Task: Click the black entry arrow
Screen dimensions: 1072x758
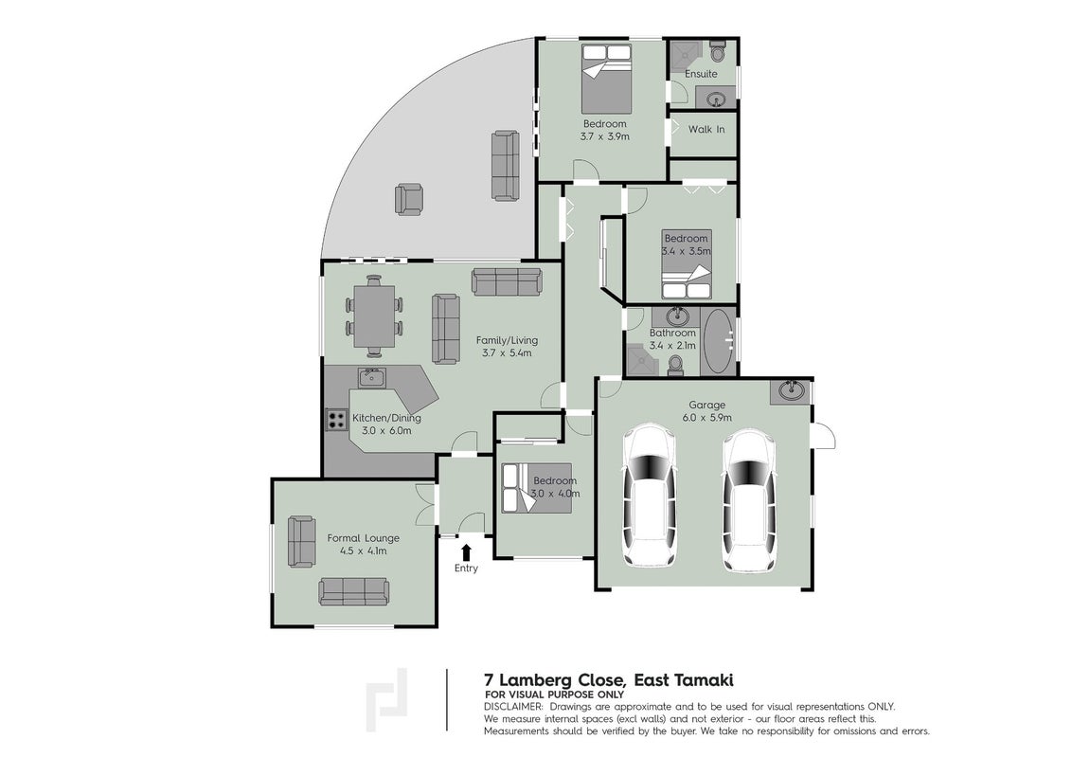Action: pos(466,552)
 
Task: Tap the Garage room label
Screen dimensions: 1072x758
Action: pos(706,405)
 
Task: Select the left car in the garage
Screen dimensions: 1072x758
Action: pos(651,496)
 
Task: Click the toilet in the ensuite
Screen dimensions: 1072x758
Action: pos(718,51)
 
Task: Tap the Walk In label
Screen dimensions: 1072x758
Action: pos(706,129)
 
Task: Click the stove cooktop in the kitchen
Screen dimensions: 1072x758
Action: pos(335,419)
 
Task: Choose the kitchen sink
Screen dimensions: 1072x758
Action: pos(372,376)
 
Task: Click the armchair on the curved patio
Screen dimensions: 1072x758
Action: pos(409,199)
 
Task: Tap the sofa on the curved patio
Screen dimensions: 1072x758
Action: pos(506,165)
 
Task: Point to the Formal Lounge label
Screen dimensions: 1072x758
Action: pos(363,538)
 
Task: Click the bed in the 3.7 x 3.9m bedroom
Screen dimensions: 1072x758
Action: pos(606,79)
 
